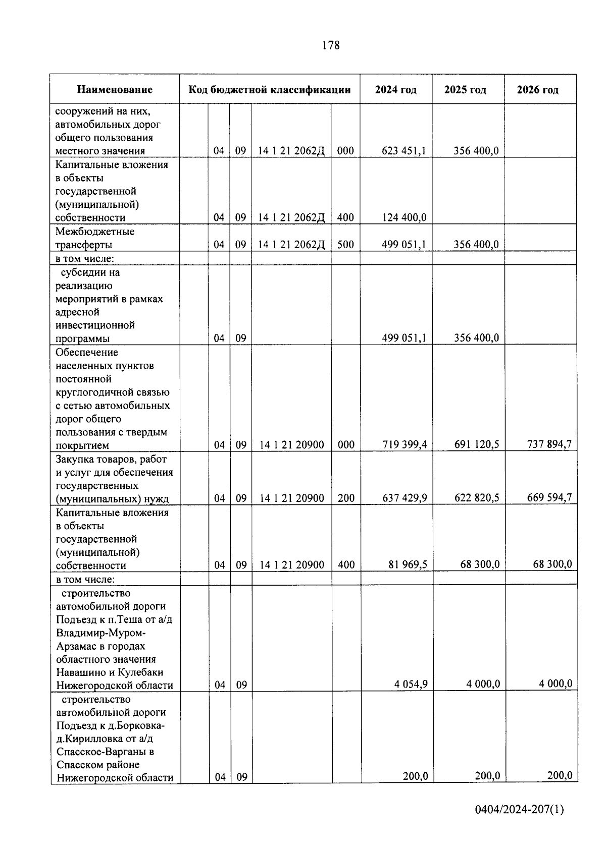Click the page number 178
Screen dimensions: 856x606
[x=331, y=45]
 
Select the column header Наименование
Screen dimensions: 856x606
[x=115, y=90]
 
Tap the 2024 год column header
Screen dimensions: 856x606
[x=396, y=90]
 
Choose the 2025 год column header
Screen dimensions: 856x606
[x=465, y=90]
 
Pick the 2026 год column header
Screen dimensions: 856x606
[x=538, y=90]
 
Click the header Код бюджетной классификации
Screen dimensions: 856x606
[x=270, y=90]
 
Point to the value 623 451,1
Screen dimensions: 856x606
[x=404, y=150]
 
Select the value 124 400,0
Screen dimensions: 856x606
[x=404, y=217]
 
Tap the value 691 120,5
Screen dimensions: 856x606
[x=477, y=444]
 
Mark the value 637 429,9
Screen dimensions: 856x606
[x=405, y=498]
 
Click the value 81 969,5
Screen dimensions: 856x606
[x=408, y=564]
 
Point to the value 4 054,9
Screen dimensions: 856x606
[x=411, y=684]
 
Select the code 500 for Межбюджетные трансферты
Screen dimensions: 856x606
[x=345, y=244]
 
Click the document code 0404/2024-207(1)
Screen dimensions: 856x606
[x=519, y=810]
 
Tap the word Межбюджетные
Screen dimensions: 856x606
[x=95, y=232]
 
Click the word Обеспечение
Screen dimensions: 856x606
[x=87, y=352]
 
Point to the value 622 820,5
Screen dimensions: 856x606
[x=477, y=498]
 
